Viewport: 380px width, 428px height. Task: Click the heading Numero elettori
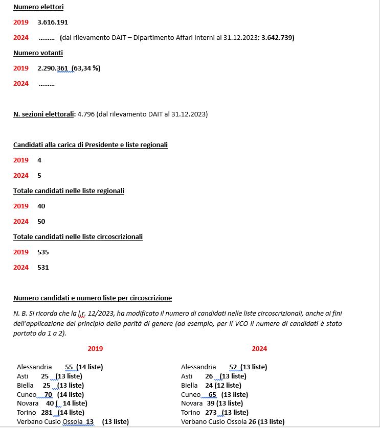coord(38,7)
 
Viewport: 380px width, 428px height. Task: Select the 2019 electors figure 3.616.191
coord(53,22)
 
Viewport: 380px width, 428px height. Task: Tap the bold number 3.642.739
coord(277,38)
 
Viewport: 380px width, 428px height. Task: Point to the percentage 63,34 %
coord(86,68)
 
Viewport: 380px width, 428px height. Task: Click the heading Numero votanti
coord(38,53)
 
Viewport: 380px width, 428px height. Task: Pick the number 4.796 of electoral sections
coord(85,114)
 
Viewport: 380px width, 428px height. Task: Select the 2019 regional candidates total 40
coord(41,206)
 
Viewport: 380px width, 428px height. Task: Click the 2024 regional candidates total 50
coord(41,222)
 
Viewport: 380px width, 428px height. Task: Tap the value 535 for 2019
coord(43,252)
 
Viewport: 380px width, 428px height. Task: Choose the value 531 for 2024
coord(43,268)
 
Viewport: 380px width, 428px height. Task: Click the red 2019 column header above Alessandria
coord(95,349)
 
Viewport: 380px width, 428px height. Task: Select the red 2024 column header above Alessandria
coord(259,349)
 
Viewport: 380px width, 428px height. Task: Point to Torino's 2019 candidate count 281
coord(47,413)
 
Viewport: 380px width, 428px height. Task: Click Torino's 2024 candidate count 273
coord(211,413)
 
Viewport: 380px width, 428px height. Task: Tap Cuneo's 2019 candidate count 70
coord(49,395)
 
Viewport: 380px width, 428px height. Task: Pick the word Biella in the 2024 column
coord(189,386)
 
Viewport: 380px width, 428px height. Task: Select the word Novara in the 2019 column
coord(28,403)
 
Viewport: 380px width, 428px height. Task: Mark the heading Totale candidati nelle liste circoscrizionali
coord(78,237)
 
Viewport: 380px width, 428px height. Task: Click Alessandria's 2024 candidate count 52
coord(233,367)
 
